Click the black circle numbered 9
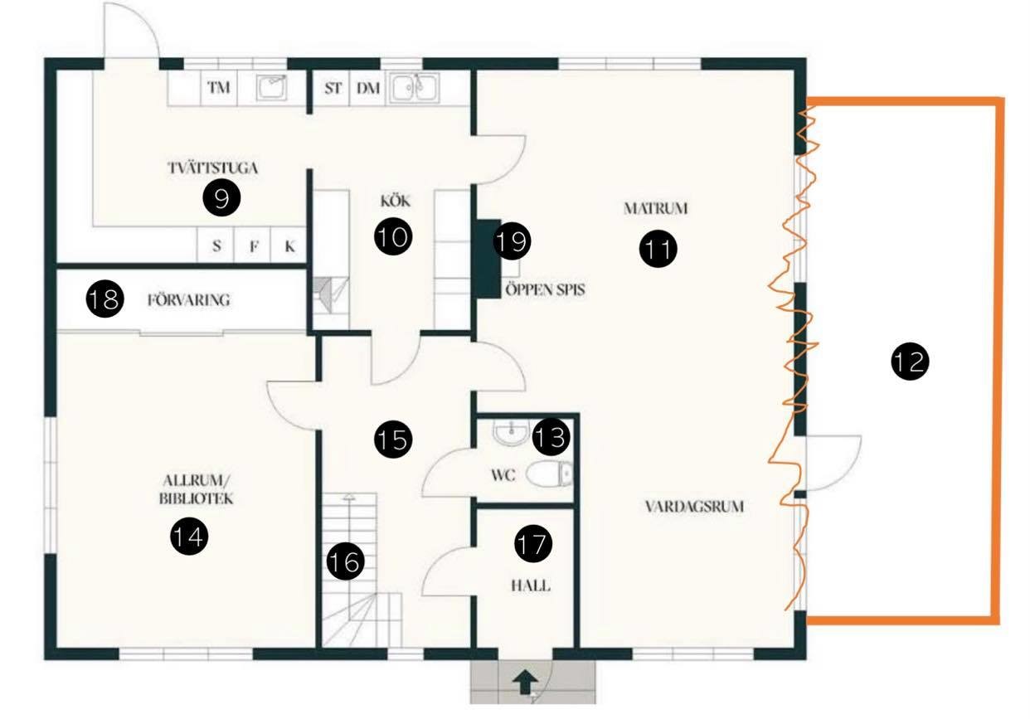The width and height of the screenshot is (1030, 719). point(221,197)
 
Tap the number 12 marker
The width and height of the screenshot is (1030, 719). point(910,362)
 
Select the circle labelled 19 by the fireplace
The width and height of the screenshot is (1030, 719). point(513,240)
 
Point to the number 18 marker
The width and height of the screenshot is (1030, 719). point(104,299)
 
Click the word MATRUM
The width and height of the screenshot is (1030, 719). point(656,209)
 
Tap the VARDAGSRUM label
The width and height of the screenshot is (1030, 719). point(694,507)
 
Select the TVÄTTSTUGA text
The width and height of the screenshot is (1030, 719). point(212,168)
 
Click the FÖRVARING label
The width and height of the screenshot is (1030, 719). point(188,300)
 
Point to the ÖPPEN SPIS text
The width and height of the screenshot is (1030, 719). point(546,289)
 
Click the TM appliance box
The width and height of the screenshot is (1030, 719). point(219,88)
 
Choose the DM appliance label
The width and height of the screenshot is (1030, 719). point(368,88)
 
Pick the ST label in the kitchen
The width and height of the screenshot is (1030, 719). point(333,88)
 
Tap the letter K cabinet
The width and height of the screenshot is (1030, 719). point(289,245)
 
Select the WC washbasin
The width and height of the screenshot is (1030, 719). point(511,433)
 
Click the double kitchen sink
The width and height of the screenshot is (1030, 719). point(415,87)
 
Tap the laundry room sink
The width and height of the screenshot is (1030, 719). point(272,87)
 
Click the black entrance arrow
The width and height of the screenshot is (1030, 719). point(526,682)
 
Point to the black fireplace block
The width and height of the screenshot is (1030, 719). point(488,259)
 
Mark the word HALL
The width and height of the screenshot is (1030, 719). point(531,585)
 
